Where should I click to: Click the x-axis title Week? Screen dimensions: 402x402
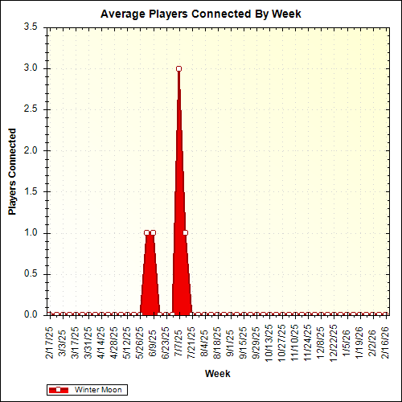(x=217, y=374)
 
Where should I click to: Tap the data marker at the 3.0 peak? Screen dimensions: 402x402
(x=178, y=68)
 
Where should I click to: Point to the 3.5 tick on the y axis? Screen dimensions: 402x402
(x=31, y=27)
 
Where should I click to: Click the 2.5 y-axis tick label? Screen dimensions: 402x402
(x=31, y=109)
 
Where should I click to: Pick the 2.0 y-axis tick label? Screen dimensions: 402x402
(x=31, y=150)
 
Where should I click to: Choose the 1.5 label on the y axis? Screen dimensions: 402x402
(x=31, y=191)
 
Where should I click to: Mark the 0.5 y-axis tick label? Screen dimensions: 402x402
(x=31, y=274)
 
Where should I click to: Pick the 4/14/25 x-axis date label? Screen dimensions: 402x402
(x=101, y=342)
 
